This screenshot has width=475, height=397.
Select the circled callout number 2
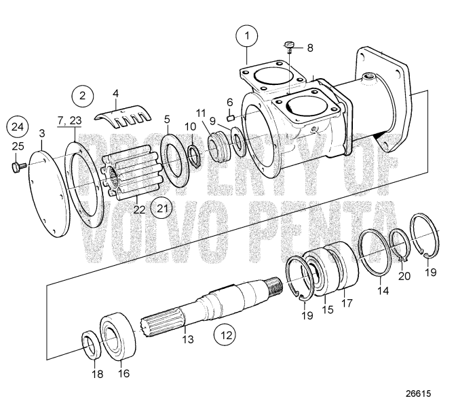[x=83, y=95]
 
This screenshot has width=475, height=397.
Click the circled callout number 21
[x=161, y=207]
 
